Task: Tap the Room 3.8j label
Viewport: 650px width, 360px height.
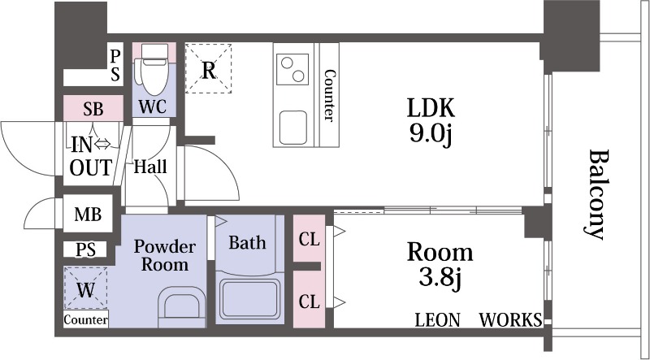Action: click(440, 265)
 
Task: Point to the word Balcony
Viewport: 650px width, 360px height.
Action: click(598, 194)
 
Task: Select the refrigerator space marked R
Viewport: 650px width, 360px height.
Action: click(208, 68)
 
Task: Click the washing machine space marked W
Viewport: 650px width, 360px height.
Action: click(85, 288)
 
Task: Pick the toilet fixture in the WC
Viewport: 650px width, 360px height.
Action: click(154, 69)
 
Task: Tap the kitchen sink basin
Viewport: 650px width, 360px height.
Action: click(293, 128)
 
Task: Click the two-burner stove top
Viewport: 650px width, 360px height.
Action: click(292, 69)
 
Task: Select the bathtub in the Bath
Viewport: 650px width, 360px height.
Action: click(249, 299)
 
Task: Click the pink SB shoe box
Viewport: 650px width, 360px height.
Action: click(93, 108)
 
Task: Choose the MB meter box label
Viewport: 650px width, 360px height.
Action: click(88, 215)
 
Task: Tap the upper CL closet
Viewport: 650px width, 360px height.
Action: click(309, 238)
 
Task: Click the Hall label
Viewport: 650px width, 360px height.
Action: click(150, 167)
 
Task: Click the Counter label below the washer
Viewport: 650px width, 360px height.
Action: click(86, 319)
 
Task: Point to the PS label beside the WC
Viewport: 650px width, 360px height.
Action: click(115, 65)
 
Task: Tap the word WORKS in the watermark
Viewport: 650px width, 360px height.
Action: click(510, 319)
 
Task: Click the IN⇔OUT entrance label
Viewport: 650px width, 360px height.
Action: click(91, 156)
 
